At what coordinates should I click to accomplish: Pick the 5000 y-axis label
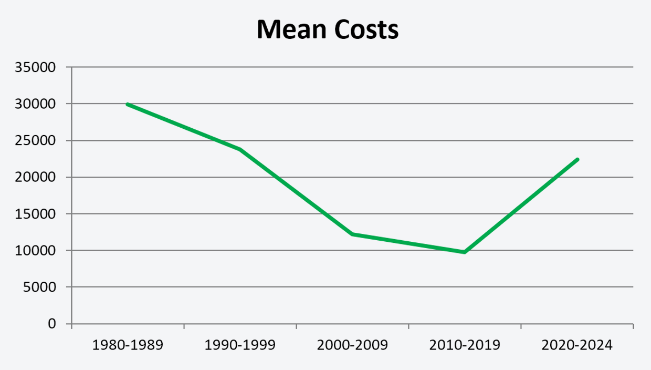pos(41,287)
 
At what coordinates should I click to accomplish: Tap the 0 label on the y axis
pos(52,324)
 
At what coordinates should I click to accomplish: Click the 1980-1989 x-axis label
pos(128,346)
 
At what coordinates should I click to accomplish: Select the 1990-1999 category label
pos(240,346)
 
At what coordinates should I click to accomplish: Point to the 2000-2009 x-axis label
pos(352,346)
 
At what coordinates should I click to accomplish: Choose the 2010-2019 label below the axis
pos(465,346)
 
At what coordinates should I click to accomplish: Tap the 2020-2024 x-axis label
pos(577,346)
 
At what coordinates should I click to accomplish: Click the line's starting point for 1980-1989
pos(128,105)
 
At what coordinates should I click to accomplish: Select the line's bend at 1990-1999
pos(240,149)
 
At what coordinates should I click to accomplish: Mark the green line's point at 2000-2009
pos(352,234)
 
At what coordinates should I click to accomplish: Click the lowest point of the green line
pos(465,252)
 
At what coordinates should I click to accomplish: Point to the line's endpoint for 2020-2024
pos(577,159)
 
